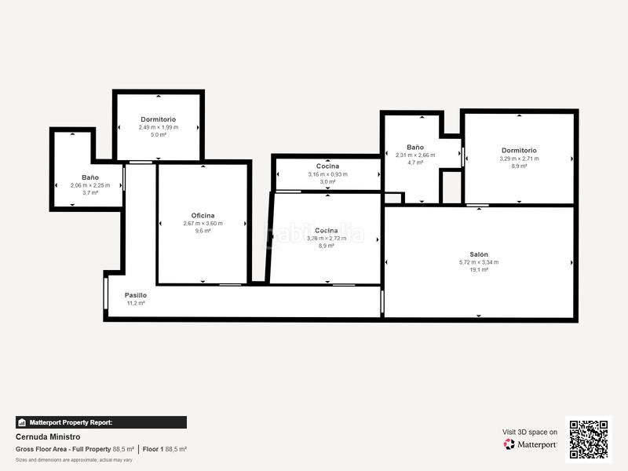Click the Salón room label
pos(479,254)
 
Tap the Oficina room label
pos(203,215)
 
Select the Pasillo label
pos(135,295)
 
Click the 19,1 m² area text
pos(479,269)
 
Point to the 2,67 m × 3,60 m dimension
pos(203,223)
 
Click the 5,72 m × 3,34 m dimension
pos(479,262)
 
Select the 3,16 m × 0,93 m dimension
pos(327,174)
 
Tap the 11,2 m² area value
pos(135,303)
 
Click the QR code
pos(588,439)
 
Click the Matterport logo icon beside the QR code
pos(509,444)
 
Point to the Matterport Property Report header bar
pos(101,422)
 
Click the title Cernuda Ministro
pos(48,436)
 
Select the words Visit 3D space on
pos(530,432)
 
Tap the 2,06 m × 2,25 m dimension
pos(90,185)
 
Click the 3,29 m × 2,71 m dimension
pos(519,159)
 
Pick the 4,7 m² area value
pos(415,162)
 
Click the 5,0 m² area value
pos(158,134)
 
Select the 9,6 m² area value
pos(203,231)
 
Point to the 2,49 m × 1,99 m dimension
pos(158,127)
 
